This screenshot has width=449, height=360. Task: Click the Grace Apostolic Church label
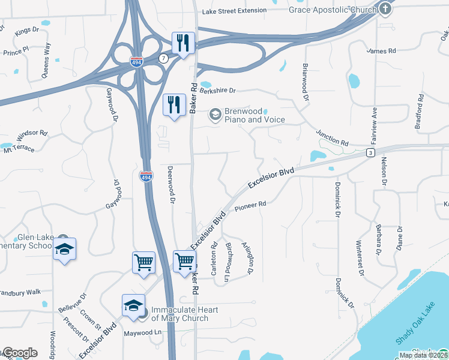pyautogui.click(x=332, y=10)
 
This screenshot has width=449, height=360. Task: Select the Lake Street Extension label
pyautogui.click(x=234, y=11)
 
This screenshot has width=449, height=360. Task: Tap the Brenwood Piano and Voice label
pyautogui.click(x=255, y=115)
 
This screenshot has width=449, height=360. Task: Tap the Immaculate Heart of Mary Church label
pyautogui.click(x=184, y=314)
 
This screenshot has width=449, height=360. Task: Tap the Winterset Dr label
pyautogui.click(x=360, y=259)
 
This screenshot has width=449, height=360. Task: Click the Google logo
pyautogui.click(x=20, y=353)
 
